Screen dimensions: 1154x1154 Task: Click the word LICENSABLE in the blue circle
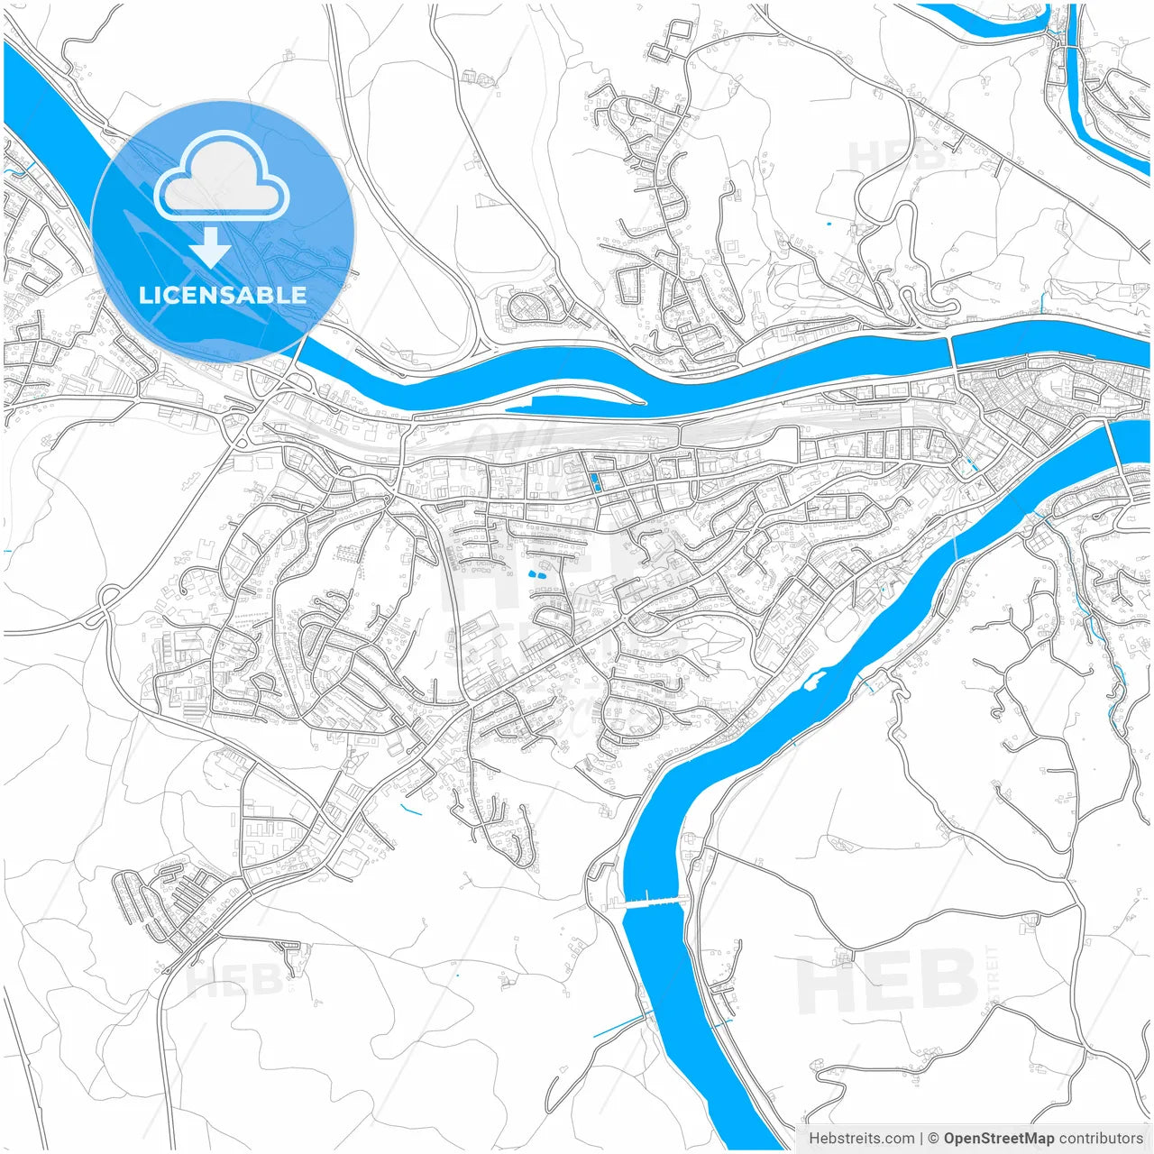(x=222, y=295)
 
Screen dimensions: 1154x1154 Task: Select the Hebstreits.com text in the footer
(x=861, y=1139)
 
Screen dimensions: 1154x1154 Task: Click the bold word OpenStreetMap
(x=998, y=1139)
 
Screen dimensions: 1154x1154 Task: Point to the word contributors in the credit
(x=1101, y=1139)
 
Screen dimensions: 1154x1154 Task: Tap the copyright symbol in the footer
(x=934, y=1139)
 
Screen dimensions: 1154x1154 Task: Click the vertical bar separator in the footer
(x=922, y=1139)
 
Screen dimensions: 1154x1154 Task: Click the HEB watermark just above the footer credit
(x=886, y=984)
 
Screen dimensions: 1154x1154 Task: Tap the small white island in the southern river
(x=814, y=676)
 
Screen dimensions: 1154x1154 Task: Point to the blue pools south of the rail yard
(x=595, y=481)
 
